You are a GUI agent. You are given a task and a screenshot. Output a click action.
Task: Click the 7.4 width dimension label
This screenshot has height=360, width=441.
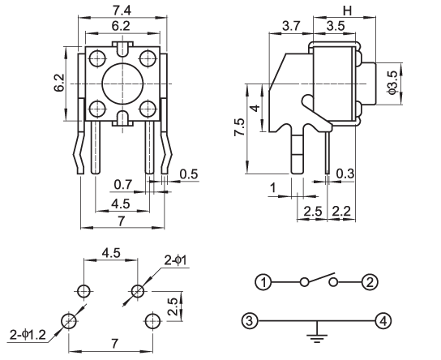click(122, 11)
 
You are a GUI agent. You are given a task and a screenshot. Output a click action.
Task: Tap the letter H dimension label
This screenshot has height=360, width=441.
click(348, 11)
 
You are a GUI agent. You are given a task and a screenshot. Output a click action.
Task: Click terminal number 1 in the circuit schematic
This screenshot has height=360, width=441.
click(263, 282)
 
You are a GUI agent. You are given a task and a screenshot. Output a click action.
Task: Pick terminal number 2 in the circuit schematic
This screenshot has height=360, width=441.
click(370, 282)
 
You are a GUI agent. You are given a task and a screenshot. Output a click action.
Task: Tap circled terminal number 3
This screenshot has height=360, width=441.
click(250, 320)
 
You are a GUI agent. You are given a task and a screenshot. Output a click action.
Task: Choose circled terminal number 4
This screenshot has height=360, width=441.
click(383, 320)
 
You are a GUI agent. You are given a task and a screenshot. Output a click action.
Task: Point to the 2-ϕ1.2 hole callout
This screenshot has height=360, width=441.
click(28, 335)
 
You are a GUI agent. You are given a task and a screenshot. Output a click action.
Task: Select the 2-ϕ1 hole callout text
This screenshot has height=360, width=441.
click(175, 261)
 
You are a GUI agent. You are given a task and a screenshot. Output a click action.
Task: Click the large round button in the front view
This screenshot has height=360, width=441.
click(122, 84)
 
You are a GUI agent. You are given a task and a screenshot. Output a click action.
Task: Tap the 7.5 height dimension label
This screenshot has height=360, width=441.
click(239, 127)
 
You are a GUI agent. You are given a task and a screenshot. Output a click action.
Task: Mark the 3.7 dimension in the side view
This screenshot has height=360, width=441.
click(292, 26)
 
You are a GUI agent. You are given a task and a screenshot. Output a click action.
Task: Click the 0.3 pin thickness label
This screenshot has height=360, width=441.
click(345, 174)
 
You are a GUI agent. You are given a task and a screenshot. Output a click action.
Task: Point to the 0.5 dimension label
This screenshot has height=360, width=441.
click(189, 174)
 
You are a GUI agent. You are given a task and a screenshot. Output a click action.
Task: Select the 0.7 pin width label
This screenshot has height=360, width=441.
click(123, 185)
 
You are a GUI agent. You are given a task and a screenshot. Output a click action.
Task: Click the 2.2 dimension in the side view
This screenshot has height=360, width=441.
click(341, 212)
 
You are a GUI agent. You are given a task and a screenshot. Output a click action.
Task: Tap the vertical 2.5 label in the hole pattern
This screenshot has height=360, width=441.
click(173, 306)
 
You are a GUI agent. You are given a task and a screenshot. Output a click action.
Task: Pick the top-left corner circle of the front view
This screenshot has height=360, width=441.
click(97, 58)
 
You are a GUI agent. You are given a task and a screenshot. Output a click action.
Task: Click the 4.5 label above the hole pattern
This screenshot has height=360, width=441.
click(111, 253)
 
